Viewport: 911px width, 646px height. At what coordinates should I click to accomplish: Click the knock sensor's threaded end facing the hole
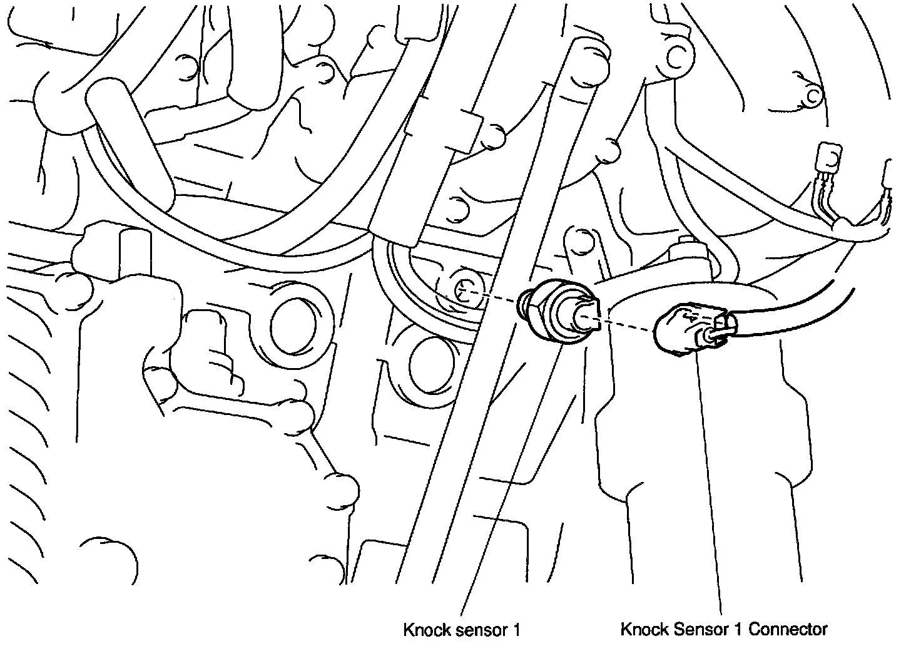[x=524, y=301]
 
